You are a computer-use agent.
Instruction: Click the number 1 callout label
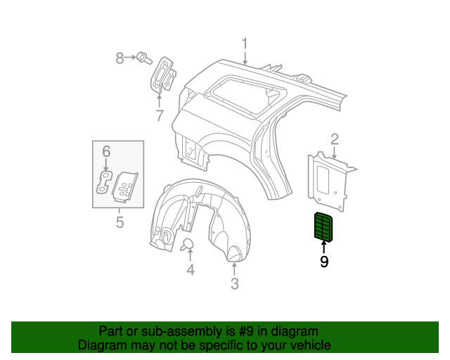click(245, 44)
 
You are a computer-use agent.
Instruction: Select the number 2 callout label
click(335, 139)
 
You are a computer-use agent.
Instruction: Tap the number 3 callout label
click(235, 283)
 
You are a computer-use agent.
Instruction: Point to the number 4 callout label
click(190, 269)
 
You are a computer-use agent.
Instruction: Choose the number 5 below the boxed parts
click(119, 223)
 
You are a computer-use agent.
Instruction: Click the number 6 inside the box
click(107, 151)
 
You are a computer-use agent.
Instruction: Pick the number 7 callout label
click(159, 115)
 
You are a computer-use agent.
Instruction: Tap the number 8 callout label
click(120, 57)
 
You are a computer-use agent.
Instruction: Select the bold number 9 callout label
click(324, 262)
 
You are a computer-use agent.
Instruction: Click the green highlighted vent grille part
click(324, 226)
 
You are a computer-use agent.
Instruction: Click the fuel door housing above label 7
click(162, 75)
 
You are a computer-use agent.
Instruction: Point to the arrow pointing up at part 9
click(324, 247)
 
